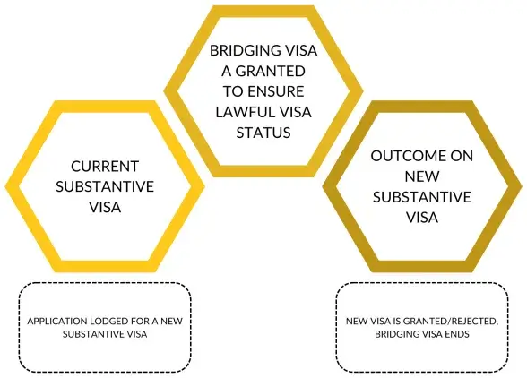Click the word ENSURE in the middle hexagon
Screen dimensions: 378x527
click(x=280, y=90)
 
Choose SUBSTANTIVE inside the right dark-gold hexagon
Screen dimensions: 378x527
click(x=421, y=195)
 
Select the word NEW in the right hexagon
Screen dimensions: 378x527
click(x=421, y=176)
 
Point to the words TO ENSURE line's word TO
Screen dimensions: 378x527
click(x=233, y=90)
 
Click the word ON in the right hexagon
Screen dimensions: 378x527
click(x=461, y=155)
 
